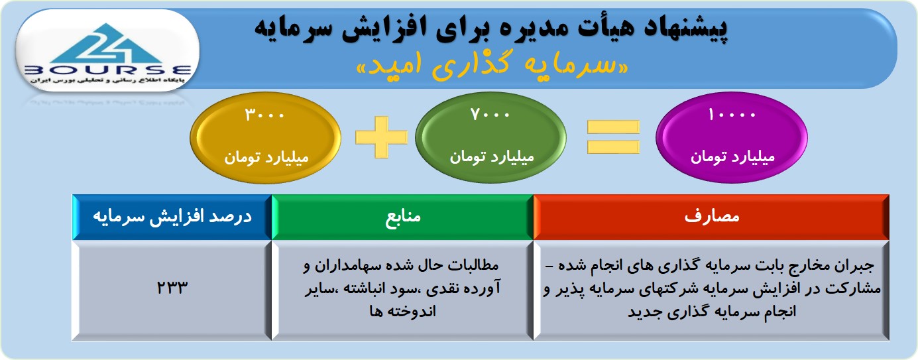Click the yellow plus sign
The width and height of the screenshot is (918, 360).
tap(381, 137)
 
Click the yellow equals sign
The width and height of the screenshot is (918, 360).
tap(613, 137)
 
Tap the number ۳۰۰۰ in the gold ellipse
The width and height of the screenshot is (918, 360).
tap(264, 115)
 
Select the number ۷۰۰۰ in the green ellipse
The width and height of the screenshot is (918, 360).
tap(490, 114)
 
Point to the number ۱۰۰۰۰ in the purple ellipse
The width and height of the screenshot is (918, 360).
tap(732, 115)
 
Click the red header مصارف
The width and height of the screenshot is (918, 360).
tap(711, 217)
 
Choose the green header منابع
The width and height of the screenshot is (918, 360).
tap(403, 217)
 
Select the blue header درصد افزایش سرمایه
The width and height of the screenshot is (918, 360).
tap(172, 217)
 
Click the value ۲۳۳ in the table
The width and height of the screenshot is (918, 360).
tap(172, 288)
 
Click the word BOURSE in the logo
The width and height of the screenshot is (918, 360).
tap(108, 70)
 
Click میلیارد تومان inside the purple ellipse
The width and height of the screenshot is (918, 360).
tap(732, 156)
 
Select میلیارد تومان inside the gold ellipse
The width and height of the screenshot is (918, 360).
tap(266, 157)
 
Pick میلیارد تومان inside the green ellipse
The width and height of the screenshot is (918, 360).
tap(492, 156)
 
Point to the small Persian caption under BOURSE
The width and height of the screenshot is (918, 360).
tap(107, 80)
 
